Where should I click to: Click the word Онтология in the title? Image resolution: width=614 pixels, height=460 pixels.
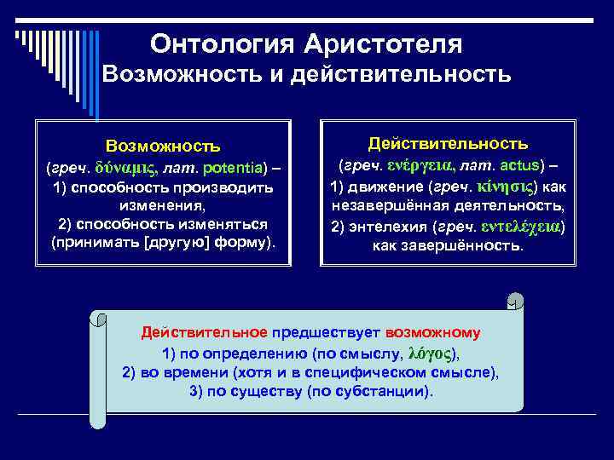click(x=214, y=43)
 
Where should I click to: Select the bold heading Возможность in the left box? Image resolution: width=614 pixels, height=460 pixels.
click(x=163, y=147)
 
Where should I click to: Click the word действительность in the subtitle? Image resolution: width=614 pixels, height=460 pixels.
click(x=401, y=76)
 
